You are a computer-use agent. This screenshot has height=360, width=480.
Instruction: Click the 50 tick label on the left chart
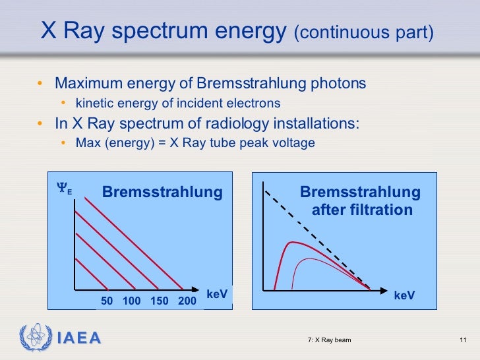(x=107, y=301)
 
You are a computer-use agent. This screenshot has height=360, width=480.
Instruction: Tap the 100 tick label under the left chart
(x=132, y=301)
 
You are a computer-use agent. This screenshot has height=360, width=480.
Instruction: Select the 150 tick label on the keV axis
(x=160, y=301)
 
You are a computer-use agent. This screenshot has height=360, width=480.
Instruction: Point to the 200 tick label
(x=187, y=301)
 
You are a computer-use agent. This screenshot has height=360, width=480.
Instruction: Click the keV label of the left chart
(x=217, y=294)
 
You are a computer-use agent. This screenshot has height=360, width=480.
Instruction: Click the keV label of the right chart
(x=404, y=296)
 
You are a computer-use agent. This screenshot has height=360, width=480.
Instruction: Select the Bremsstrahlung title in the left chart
(x=162, y=193)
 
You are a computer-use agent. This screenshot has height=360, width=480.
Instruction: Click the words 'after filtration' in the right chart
(x=362, y=210)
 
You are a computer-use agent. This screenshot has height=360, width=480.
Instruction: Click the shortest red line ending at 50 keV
(x=91, y=274)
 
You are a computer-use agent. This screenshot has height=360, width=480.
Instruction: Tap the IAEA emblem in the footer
(x=34, y=338)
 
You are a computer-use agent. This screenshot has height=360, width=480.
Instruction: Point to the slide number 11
(x=462, y=340)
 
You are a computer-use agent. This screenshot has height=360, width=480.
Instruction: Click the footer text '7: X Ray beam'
(x=329, y=340)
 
